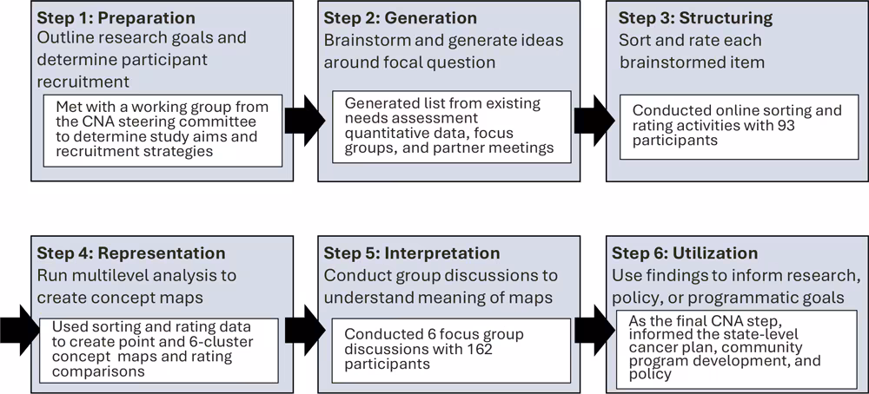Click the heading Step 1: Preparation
click(x=116, y=18)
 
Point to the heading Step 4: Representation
click(x=130, y=253)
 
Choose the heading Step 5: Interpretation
click(x=412, y=253)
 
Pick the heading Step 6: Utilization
click(x=685, y=253)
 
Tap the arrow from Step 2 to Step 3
click(x=588, y=114)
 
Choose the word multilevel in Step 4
click(x=106, y=275)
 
